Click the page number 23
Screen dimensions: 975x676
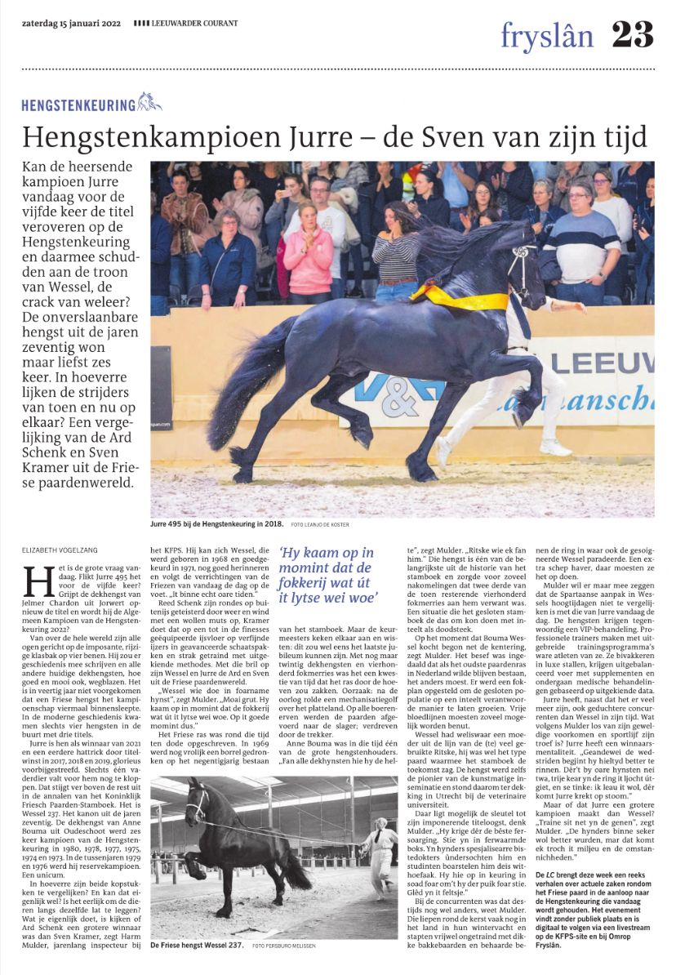click(632, 34)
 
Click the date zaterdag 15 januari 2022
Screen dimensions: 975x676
click(72, 22)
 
